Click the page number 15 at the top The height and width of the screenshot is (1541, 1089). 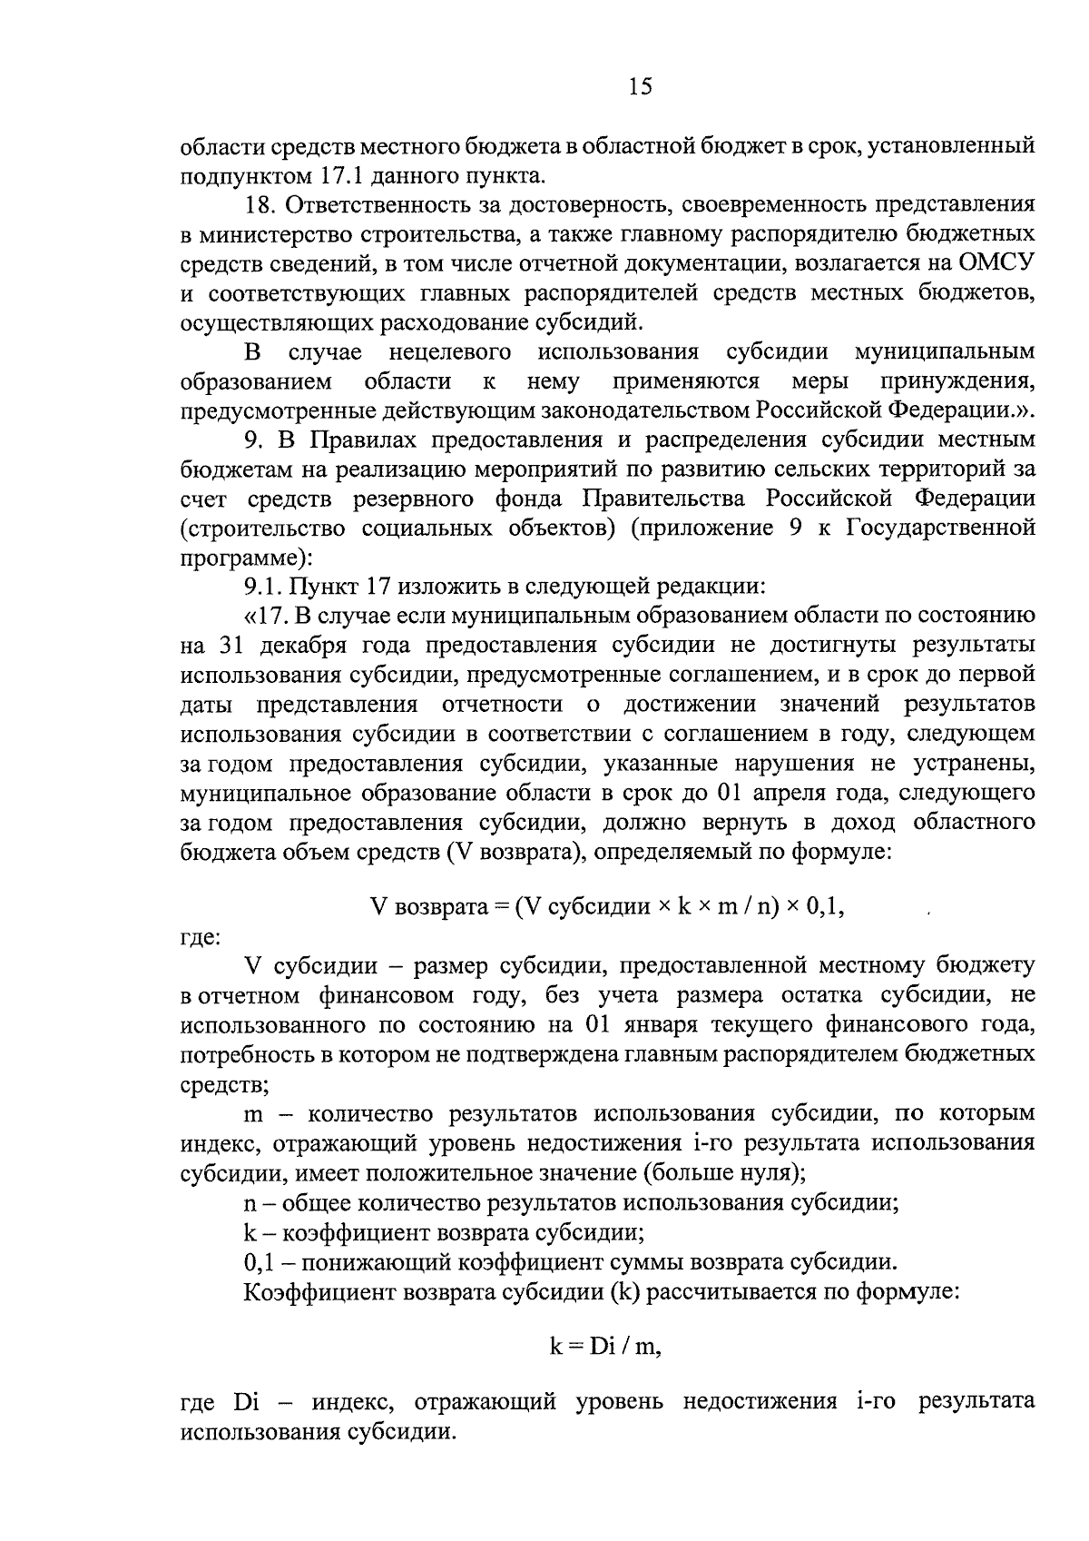(639, 86)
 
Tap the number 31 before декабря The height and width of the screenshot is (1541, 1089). (232, 645)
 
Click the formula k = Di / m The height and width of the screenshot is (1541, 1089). (605, 1347)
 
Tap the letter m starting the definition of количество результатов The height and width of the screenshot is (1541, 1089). (253, 1113)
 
